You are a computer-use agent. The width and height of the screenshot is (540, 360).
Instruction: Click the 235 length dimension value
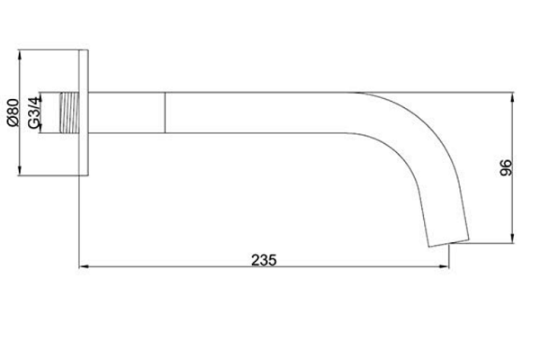[x=264, y=260]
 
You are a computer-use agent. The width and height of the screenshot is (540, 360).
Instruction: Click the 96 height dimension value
[x=506, y=167]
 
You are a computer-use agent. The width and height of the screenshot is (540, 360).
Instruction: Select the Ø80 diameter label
[x=13, y=112]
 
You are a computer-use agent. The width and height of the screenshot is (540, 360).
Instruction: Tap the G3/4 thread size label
[x=34, y=112]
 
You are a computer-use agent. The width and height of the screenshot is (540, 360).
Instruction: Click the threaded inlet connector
[x=69, y=112]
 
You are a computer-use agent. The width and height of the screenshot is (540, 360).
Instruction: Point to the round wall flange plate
[x=84, y=112]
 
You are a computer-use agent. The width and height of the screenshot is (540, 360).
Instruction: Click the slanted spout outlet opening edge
[x=448, y=243]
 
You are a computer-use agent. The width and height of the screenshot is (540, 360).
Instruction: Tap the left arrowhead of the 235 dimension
[x=83, y=266]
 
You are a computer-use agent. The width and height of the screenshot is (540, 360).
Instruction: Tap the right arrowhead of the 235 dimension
[x=445, y=266]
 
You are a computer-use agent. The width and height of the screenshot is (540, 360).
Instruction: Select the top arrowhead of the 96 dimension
[x=513, y=97]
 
